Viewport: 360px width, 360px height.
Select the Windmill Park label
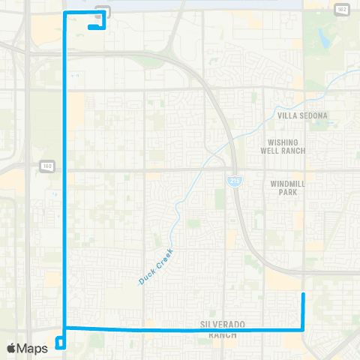[x=283, y=187]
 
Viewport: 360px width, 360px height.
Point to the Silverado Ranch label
[x=223, y=328]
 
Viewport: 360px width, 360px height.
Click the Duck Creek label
[x=156, y=267]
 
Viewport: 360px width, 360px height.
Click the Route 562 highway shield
[x=342, y=10]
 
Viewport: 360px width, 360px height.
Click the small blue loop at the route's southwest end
[x=61, y=343]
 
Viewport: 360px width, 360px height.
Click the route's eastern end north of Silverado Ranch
[x=302, y=295]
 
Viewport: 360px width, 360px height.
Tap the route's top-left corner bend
[x=66, y=13]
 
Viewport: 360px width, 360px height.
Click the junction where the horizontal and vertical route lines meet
[x=66, y=328]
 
